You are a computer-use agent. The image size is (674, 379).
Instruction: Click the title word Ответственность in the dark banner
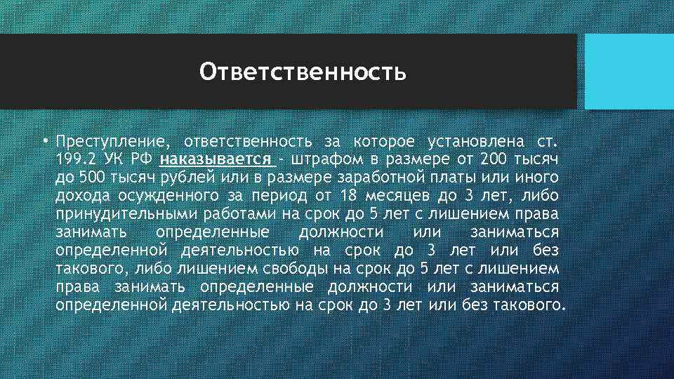tap(303, 72)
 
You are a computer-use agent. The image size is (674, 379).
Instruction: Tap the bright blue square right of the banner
tap(628, 72)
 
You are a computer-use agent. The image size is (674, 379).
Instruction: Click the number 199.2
tap(74, 158)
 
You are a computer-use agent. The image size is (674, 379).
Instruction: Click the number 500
tap(92, 176)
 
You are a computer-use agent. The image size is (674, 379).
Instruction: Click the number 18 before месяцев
tap(347, 194)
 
